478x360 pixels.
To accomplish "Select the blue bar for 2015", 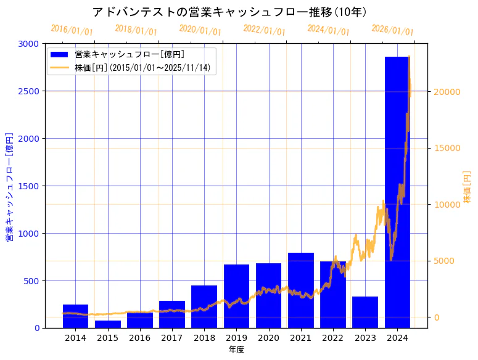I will coord(108,324).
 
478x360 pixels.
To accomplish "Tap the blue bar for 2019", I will coord(236,296).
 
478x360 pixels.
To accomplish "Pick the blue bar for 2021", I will coord(301,290).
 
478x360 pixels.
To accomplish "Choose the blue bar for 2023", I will coord(365,312).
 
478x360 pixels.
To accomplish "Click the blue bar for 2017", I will coord(172,314).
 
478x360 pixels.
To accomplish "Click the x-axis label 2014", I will coord(75,338).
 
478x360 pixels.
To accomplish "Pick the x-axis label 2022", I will coord(333,338).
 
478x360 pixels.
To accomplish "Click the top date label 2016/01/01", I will coord(72,30).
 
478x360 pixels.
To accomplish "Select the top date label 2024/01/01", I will coord(329,30).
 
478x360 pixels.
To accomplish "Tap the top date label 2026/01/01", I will coord(393,30).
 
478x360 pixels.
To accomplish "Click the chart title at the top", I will coord(229,12).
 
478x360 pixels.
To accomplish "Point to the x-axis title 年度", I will coord(236,350).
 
